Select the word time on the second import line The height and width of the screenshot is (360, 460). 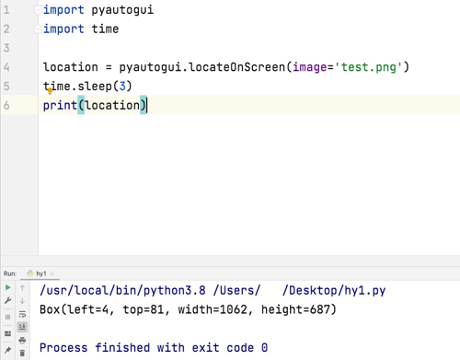point(105,29)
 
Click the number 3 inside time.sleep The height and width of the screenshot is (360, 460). point(121,87)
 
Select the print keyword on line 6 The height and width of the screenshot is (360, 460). point(60,105)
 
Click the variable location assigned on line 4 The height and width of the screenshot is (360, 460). point(70,67)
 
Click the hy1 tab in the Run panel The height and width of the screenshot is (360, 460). point(41,273)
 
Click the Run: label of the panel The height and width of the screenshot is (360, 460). point(10,273)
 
